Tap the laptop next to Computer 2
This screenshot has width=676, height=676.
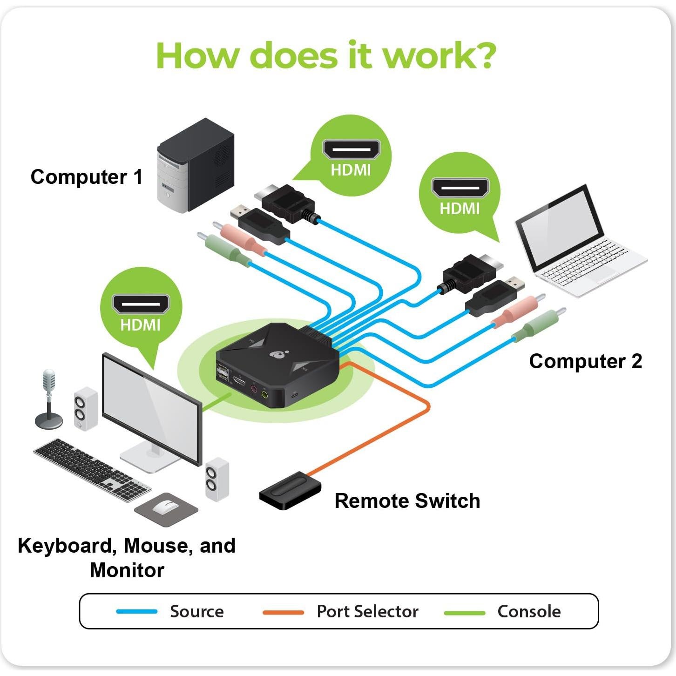pos(577,242)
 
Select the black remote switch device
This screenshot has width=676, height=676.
pos(290,491)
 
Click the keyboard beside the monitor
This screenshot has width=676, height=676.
pos(91,469)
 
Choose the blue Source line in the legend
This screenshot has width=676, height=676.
pos(136,611)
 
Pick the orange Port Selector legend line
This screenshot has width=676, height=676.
pos(283,612)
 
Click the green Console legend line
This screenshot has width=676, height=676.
pos(464,612)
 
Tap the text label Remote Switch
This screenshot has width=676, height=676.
pos(407,501)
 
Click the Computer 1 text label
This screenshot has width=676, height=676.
pos(87,177)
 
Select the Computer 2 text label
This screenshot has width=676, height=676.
pos(585,361)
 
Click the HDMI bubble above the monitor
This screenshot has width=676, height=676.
pos(141,310)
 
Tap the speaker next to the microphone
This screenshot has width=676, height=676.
pos(85,408)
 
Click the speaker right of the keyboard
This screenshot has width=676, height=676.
pos(217,479)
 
